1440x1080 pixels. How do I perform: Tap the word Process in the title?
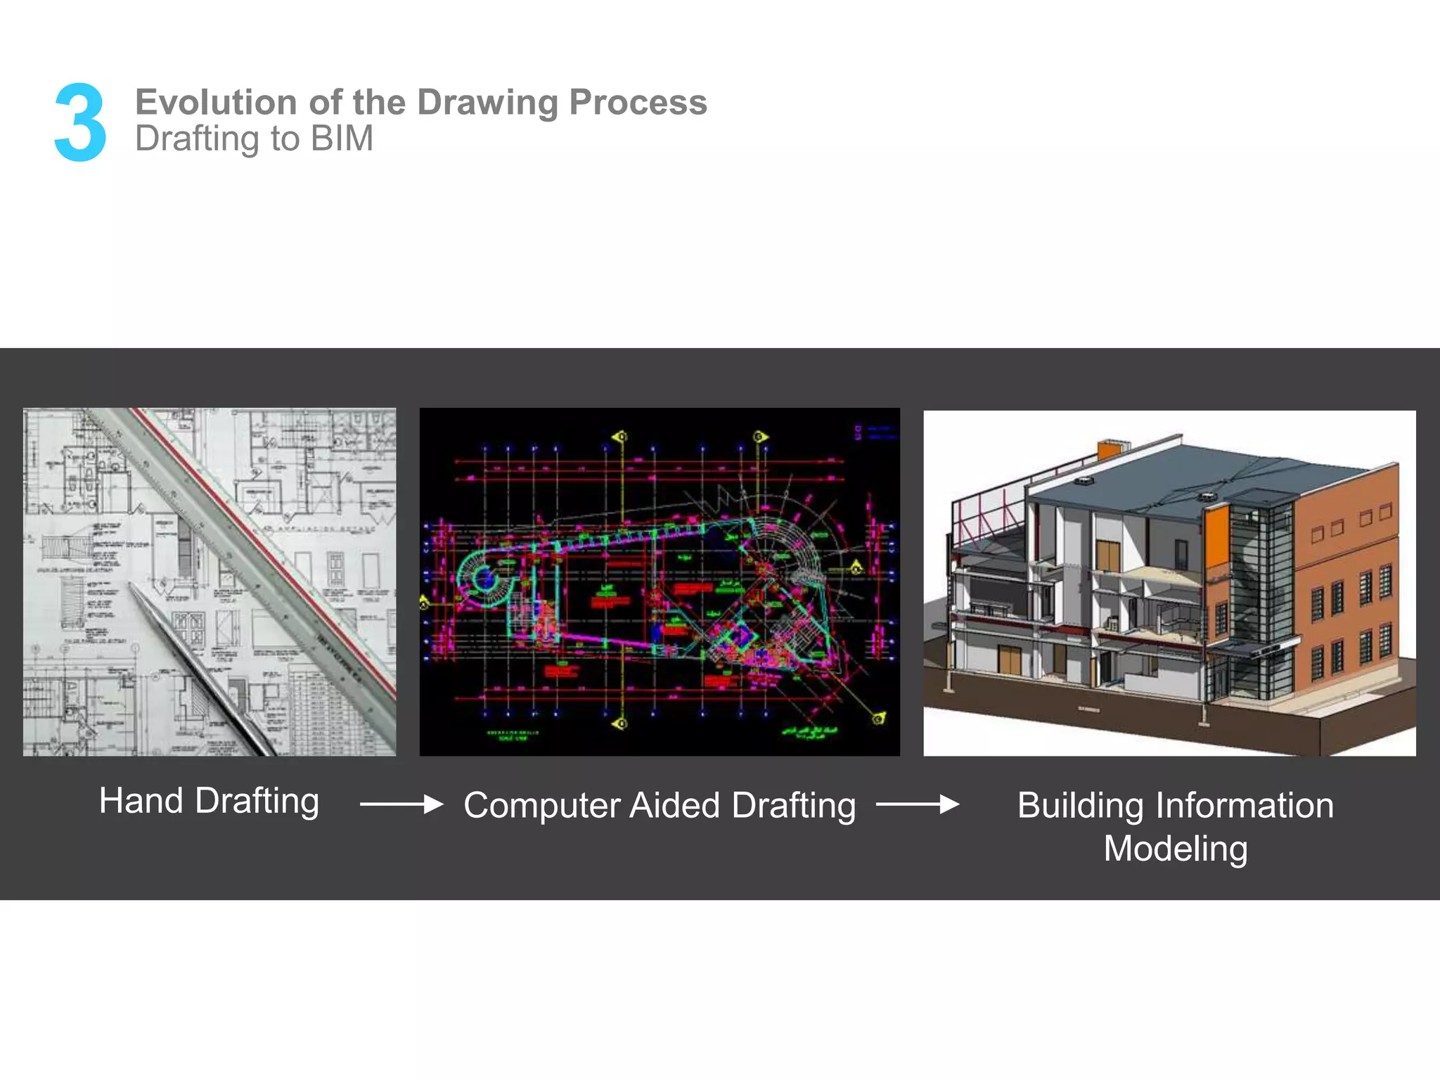click(x=638, y=102)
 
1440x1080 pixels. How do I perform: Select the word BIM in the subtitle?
click(x=342, y=139)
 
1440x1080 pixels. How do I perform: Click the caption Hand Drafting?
click(x=209, y=801)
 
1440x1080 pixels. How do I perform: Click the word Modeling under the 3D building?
click(x=1175, y=849)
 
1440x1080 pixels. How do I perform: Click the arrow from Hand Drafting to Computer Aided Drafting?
click(x=401, y=804)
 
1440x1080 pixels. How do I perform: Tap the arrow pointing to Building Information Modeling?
click(x=917, y=804)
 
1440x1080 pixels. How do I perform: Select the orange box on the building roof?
click(x=1112, y=449)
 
